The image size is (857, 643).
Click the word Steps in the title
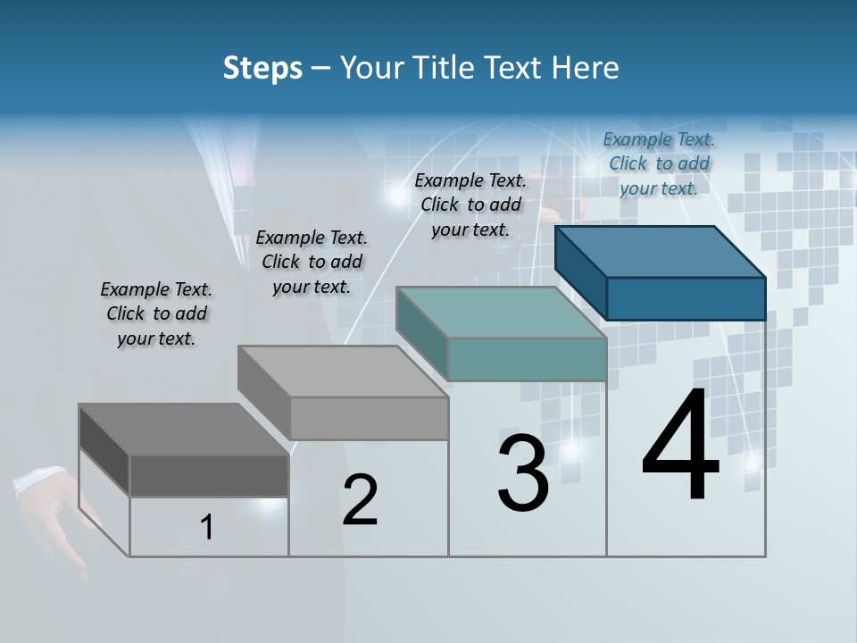coord(262,68)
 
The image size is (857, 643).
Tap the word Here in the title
coord(586,68)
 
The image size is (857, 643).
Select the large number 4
coord(680,447)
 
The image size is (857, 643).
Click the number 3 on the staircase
coord(523,473)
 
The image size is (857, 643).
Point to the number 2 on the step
coord(360,500)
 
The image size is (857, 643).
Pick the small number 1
coord(207,528)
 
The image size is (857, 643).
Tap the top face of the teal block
coord(500,313)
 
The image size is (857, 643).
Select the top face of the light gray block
coord(342,372)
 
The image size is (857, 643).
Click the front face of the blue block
coord(686,298)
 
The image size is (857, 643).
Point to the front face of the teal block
coord(527,359)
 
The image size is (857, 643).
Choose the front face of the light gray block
coord(369,418)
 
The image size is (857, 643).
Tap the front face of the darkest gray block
coord(209,475)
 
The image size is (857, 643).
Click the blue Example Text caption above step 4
coord(659,163)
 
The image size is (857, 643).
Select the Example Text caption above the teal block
coord(470,205)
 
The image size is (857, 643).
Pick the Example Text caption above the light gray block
coord(312,262)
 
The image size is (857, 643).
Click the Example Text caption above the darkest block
coord(156,313)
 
